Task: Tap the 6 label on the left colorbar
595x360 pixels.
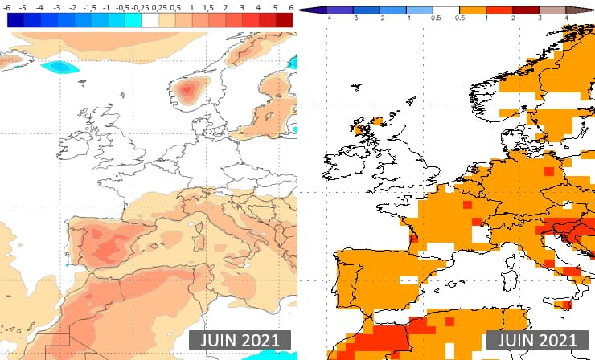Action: pos(291,6)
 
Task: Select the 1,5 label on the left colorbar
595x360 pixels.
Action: pos(208,6)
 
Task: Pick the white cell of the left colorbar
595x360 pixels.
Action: pos(150,20)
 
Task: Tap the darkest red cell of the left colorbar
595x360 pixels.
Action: pos(284,20)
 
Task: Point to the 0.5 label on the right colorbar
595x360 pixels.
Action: pos(461,15)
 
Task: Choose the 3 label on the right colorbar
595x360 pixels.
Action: pos(540,15)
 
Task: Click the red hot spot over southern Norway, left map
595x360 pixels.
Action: pos(189,90)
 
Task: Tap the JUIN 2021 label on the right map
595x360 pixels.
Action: pos(532,339)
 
